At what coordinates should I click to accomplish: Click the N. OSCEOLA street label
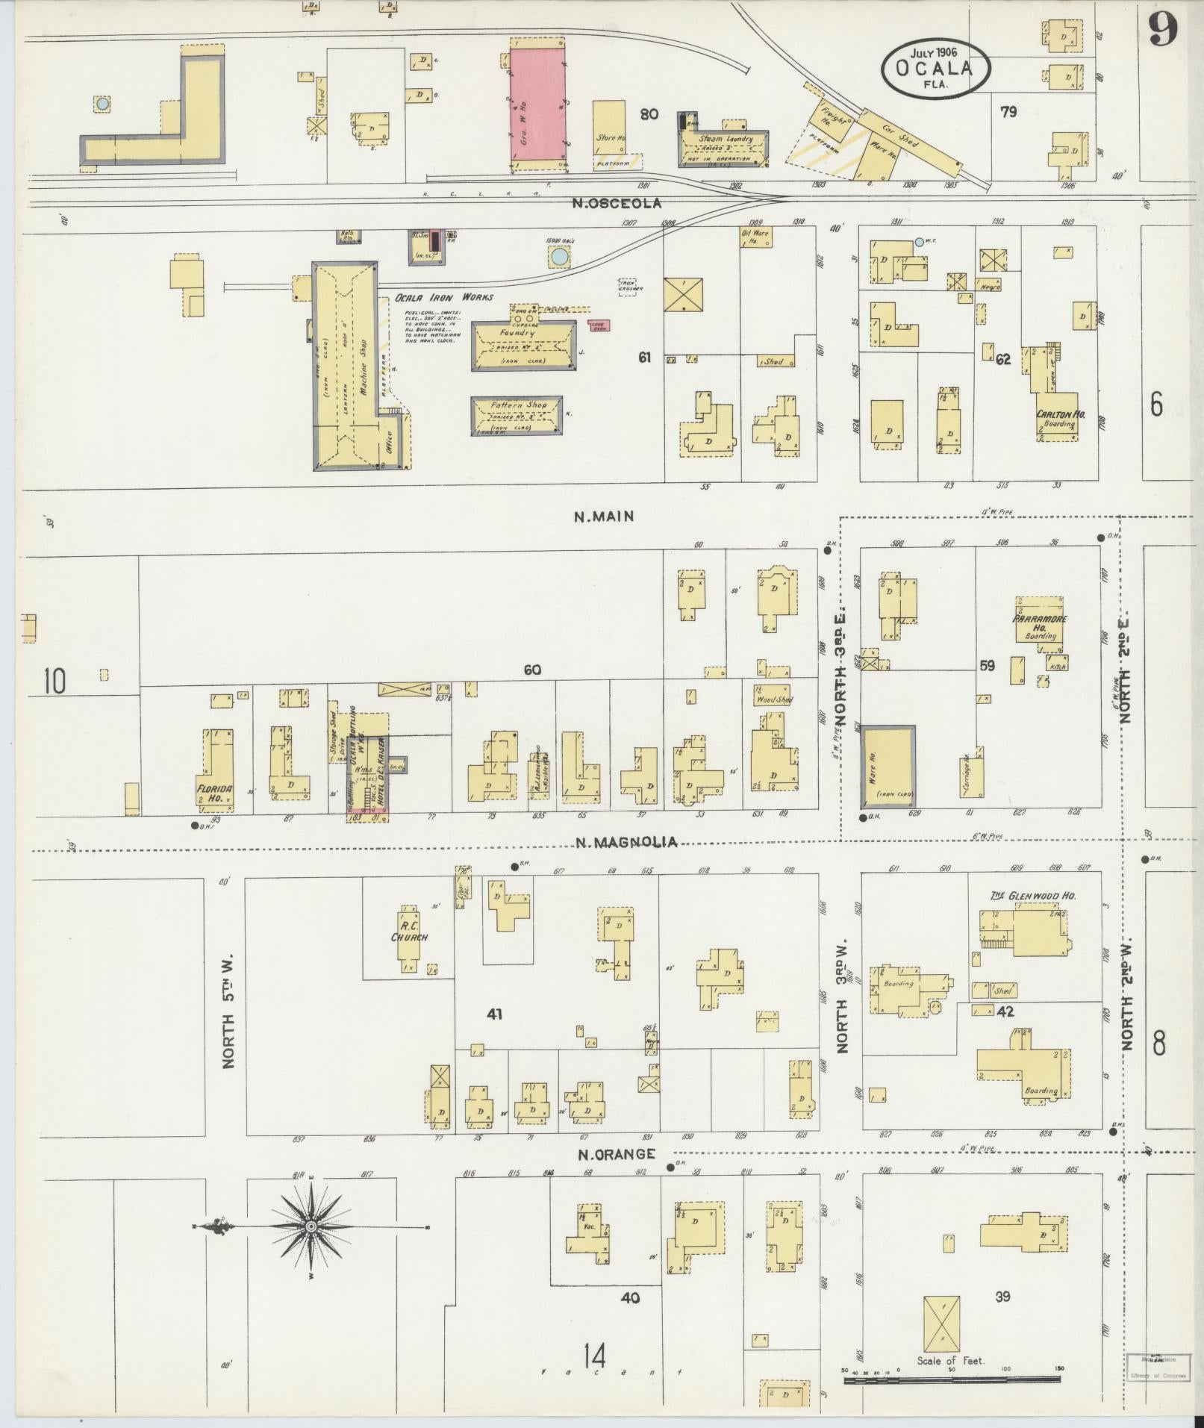click(x=617, y=203)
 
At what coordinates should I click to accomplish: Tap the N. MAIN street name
click(x=604, y=516)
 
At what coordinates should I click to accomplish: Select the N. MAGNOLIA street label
click(x=626, y=842)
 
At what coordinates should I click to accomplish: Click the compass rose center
click(x=311, y=1226)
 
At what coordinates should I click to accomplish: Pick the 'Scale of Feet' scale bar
click(x=952, y=1380)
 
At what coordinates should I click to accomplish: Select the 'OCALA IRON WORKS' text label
click(x=444, y=297)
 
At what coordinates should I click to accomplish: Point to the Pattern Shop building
click(x=516, y=415)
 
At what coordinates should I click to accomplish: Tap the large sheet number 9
click(x=1161, y=30)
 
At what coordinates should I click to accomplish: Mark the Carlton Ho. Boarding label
click(x=1060, y=419)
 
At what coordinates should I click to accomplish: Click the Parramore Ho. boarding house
click(x=1040, y=623)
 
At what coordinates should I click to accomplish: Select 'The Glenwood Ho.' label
click(x=1033, y=896)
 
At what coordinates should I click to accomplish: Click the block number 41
click(x=494, y=1014)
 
